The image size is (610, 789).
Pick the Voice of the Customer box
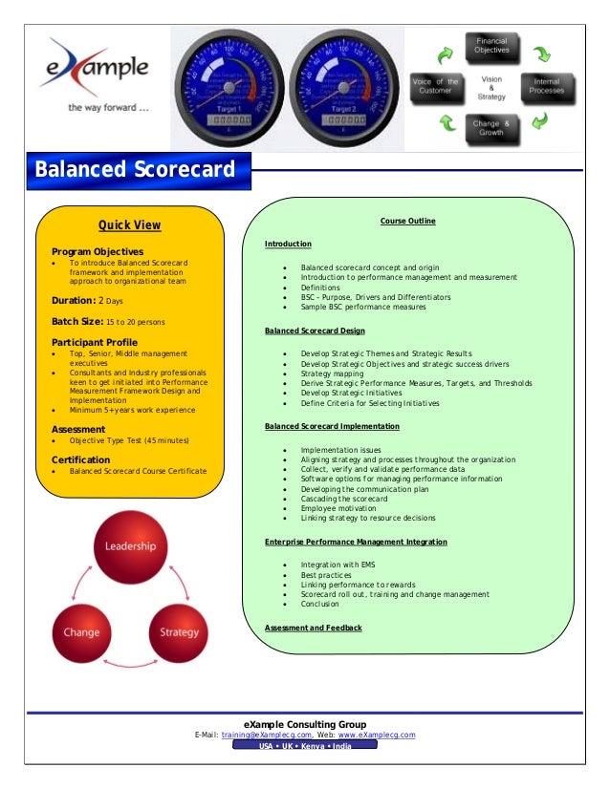coord(435,86)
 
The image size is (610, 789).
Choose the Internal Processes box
coord(548,86)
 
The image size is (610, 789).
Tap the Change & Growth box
coord(491,128)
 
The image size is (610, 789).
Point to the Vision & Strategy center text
coord(491,87)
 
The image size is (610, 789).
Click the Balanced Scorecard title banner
coord(135,170)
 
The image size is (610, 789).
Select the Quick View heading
coord(130,226)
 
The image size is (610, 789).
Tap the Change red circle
coord(81,632)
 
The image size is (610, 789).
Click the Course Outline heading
coord(407,222)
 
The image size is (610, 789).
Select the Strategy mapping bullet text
coord(332,373)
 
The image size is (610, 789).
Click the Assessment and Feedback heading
coord(313,628)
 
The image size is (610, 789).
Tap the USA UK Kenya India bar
coord(305,746)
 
